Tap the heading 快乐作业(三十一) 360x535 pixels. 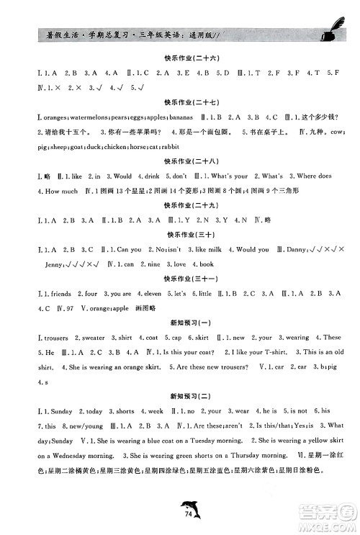coord(180,279)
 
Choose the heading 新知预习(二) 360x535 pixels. coord(180,395)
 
